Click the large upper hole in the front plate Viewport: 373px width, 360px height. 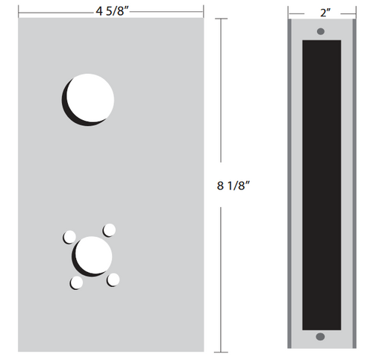point(90,98)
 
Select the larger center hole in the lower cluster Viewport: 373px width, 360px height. point(93,255)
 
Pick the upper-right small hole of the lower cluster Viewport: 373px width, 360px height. point(109,229)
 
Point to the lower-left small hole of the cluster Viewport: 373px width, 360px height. point(76,282)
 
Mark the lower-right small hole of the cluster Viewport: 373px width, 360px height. point(113,280)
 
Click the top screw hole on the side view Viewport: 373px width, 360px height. point(321,31)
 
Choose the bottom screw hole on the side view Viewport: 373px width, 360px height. point(321,337)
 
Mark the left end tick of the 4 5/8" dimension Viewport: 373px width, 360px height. point(19,12)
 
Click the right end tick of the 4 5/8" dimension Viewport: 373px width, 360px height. point(204,12)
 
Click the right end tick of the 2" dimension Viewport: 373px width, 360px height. point(354,12)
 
